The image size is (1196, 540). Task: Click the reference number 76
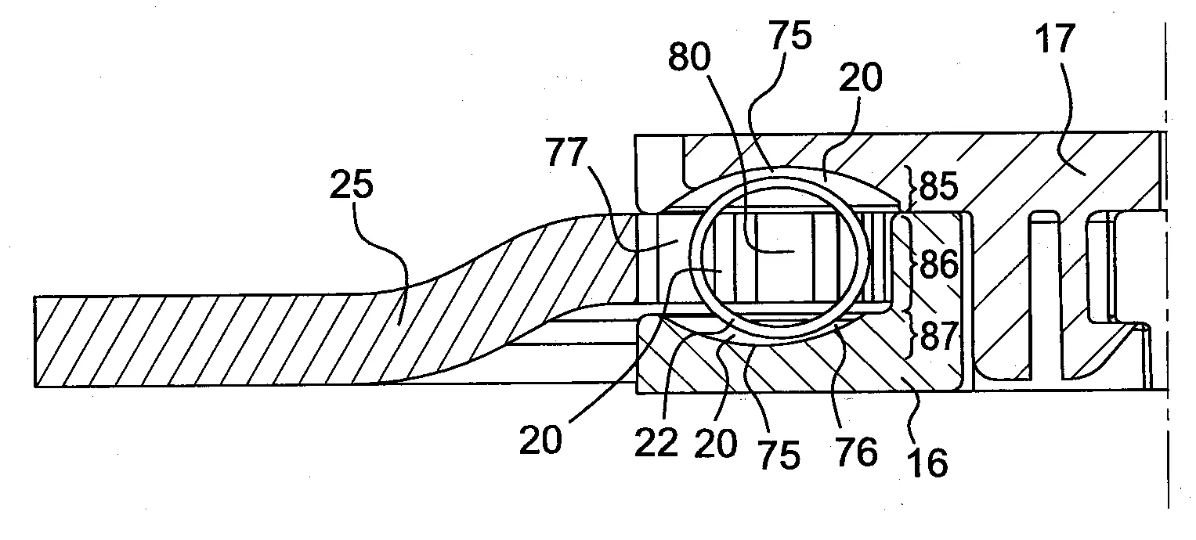click(855, 452)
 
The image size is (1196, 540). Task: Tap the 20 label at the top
click(861, 78)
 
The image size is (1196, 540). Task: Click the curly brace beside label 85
click(913, 188)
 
